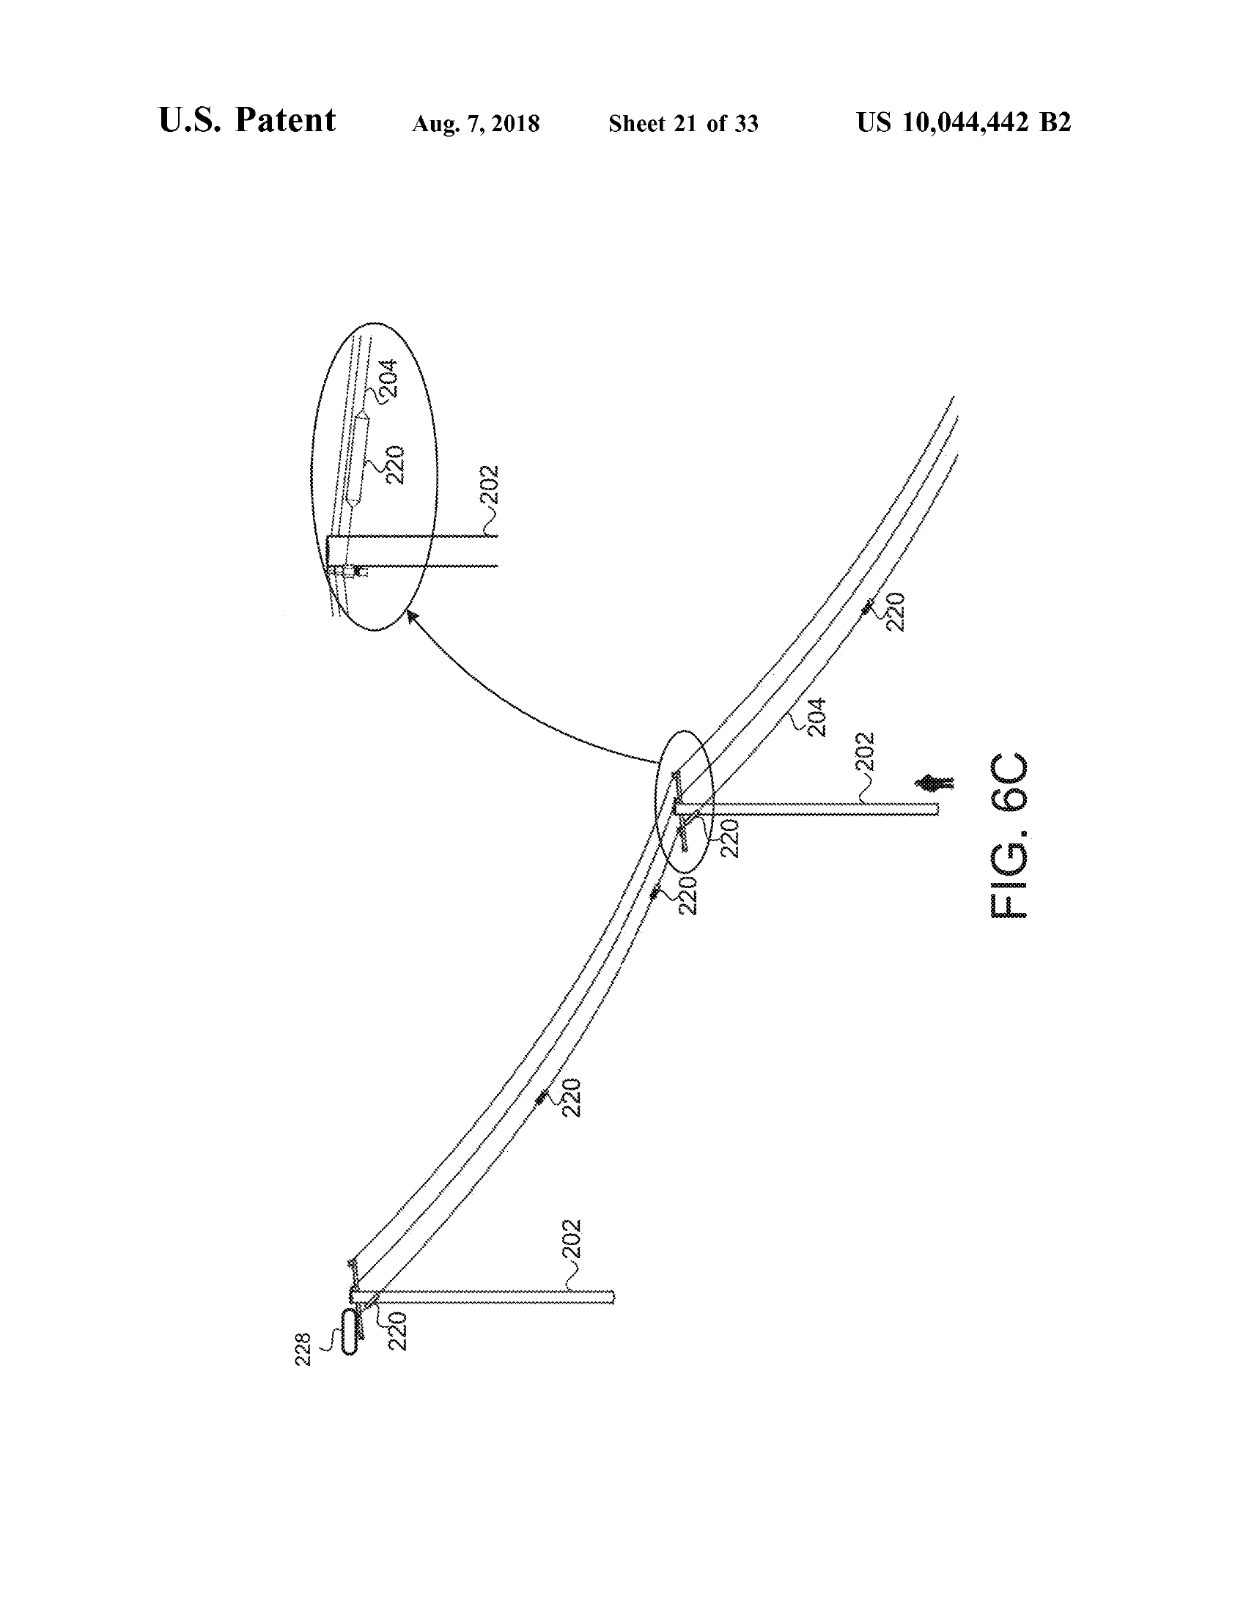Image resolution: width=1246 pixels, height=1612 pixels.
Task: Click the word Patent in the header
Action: [x=285, y=120]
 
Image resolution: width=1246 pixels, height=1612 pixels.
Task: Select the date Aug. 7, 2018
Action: [x=476, y=123]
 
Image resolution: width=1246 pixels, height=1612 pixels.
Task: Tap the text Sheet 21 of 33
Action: [x=683, y=123]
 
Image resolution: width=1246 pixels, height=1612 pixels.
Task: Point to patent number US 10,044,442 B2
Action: [x=963, y=122]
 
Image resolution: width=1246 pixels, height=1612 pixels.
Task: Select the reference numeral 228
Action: [x=303, y=1349]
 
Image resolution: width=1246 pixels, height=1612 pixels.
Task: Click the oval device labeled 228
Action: [x=348, y=1330]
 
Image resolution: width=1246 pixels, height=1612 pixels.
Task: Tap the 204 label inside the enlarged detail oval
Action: [x=388, y=378]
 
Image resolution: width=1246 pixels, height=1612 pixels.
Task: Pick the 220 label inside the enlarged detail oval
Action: [x=395, y=465]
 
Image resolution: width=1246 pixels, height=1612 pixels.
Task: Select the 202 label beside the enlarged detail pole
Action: [x=489, y=485]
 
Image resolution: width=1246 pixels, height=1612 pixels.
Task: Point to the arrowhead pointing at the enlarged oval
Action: [x=411, y=614]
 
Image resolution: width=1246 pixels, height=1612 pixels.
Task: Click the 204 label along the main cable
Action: [x=816, y=717]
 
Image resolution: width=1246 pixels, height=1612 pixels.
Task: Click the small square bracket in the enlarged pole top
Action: [x=360, y=571]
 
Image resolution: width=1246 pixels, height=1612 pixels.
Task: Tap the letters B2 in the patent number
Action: [x=1055, y=122]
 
